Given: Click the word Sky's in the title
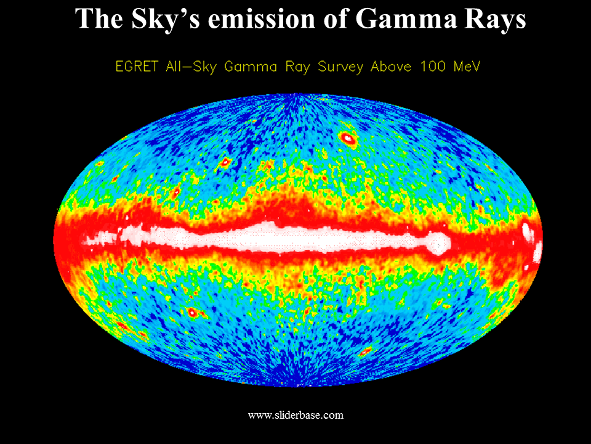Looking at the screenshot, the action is point(166,19).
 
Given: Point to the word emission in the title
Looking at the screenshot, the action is point(261,19).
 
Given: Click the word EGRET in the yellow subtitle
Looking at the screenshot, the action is point(137,67).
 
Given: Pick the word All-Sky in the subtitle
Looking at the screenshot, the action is point(191,67).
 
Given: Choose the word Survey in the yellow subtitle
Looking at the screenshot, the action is point(340,67).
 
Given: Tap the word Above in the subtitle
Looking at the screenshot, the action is point(391,67).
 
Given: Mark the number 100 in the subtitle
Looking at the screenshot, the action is point(433,67).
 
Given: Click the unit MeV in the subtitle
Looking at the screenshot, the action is point(467,67).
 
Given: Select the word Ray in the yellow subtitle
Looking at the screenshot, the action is point(298,67).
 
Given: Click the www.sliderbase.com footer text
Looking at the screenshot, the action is point(296,415).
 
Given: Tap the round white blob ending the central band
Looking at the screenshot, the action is point(438,244).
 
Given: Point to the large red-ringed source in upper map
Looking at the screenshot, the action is point(347,139).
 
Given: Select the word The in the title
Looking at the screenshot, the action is point(99,18).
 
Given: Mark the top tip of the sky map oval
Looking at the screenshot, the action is point(298,93).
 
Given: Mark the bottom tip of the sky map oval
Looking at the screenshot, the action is point(298,387).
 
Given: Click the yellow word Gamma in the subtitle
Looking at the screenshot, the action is point(251,67).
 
